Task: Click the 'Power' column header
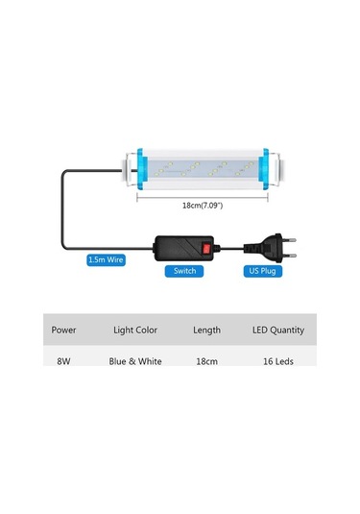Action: coord(64,330)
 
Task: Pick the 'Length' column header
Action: coord(205,330)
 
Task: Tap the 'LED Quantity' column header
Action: coord(277,330)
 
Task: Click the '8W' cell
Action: coord(64,361)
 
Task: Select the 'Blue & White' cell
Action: coord(135,361)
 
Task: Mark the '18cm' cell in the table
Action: coord(205,361)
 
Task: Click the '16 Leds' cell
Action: coord(277,361)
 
